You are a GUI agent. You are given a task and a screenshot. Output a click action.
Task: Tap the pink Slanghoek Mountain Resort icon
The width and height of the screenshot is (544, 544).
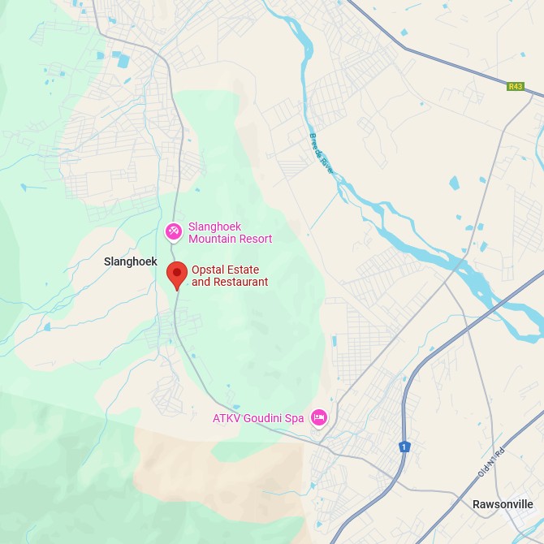173,232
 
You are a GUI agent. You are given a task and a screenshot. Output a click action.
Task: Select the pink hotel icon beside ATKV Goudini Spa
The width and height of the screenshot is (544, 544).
319,417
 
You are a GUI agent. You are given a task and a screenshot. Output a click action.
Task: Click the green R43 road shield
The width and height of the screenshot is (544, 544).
515,86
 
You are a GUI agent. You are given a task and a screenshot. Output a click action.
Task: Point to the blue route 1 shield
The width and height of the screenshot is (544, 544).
403,447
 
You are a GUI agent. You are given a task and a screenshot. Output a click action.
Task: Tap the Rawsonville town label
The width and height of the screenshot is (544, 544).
503,504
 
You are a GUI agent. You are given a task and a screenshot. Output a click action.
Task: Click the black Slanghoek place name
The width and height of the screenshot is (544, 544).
130,261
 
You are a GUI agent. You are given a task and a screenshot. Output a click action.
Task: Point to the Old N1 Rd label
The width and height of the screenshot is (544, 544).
490,464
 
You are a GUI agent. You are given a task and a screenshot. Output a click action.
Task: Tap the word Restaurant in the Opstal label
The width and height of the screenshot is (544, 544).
240,282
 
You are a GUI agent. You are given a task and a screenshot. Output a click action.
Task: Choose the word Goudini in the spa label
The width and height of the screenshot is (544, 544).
261,418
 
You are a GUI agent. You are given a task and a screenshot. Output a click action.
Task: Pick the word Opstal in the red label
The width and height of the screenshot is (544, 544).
209,270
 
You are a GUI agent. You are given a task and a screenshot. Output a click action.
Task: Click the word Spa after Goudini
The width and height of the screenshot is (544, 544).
294,418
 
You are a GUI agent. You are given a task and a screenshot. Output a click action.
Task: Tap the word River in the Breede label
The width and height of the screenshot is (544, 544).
326,165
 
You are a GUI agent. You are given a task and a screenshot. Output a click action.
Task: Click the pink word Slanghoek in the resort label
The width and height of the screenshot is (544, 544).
214,227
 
